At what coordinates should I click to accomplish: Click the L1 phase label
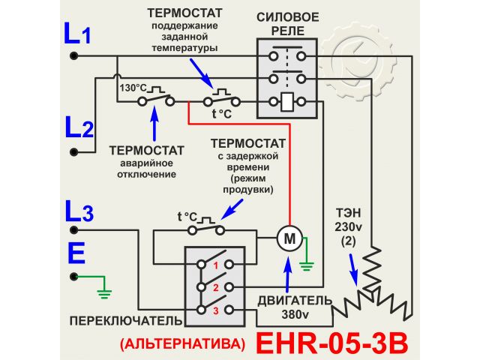coord(77,34)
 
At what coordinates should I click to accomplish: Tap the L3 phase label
coord(78,212)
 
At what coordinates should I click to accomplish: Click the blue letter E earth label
coord(76,253)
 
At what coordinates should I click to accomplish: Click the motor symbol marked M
coord(288,238)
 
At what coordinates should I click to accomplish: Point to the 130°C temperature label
coord(133,87)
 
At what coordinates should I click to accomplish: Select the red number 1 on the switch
coord(215,265)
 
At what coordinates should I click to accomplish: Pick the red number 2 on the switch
coord(215,287)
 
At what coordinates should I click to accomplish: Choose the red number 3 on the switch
coord(215,310)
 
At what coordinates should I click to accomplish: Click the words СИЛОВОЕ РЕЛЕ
coord(288,23)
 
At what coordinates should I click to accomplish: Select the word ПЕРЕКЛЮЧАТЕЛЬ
coord(125,321)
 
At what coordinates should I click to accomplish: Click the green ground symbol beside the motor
coord(306,263)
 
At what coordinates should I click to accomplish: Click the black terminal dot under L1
coord(73,56)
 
